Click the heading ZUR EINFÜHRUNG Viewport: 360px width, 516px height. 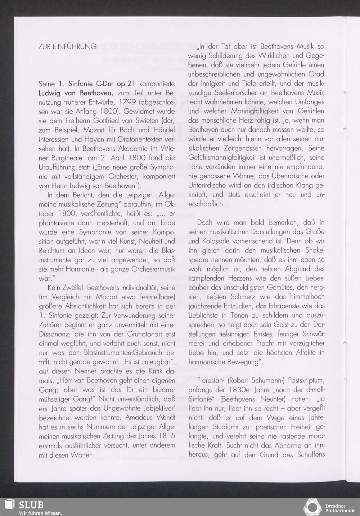(x=67, y=46)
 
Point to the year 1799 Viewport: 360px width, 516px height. (x=126, y=103)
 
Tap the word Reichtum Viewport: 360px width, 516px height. (x=51, y=250)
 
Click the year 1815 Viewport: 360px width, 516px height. (x=166, y=436)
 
